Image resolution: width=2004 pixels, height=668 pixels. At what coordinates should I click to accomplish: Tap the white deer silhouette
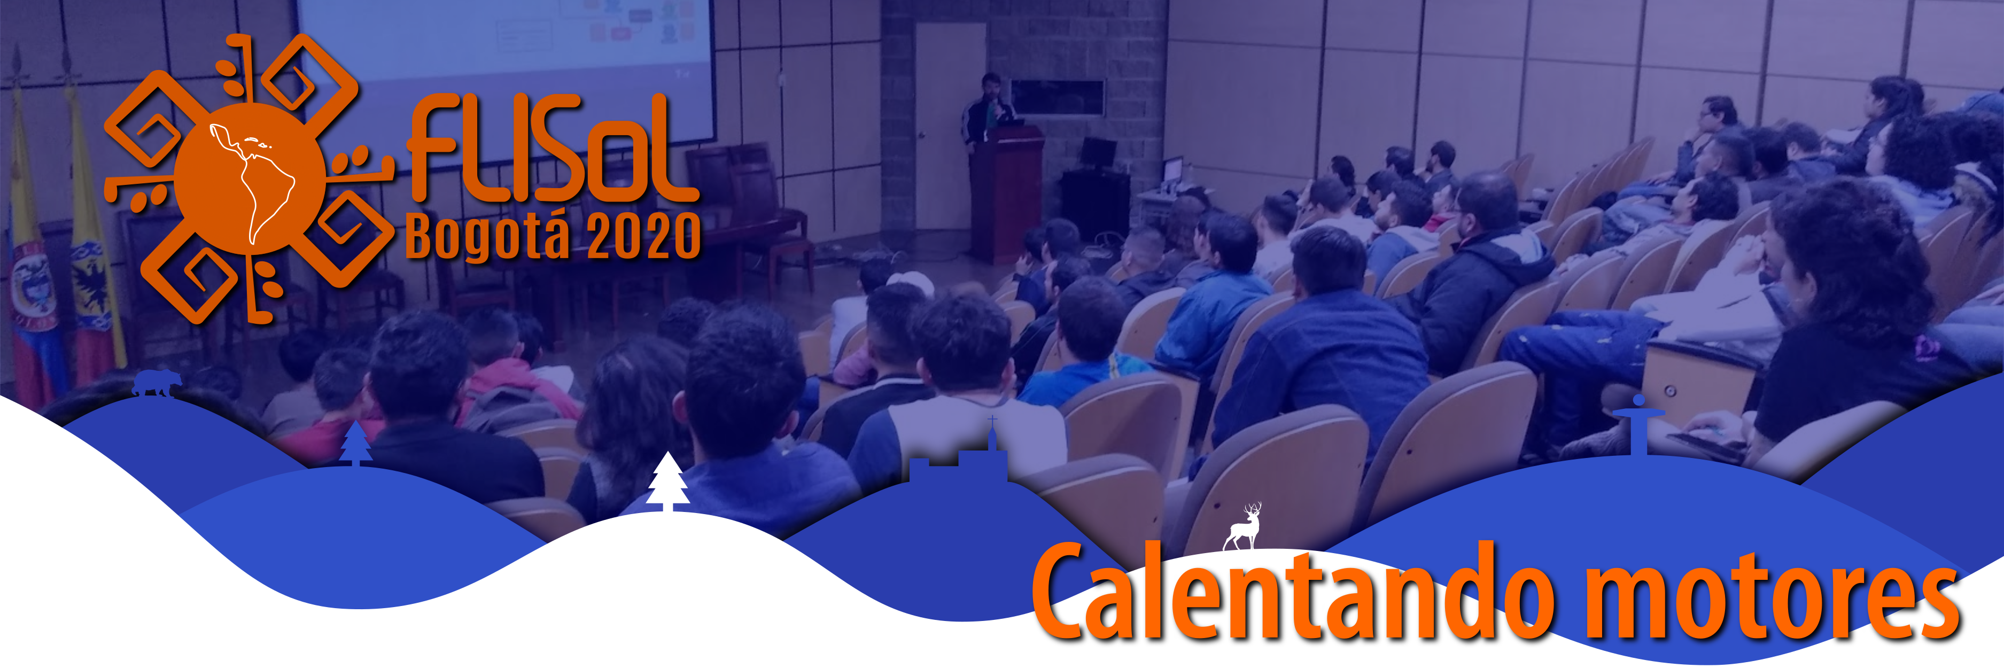(1243, 526)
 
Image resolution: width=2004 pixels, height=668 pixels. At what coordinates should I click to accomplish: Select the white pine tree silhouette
(667, 482)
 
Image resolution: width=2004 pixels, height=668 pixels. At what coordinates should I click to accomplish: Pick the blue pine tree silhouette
(355, 443)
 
